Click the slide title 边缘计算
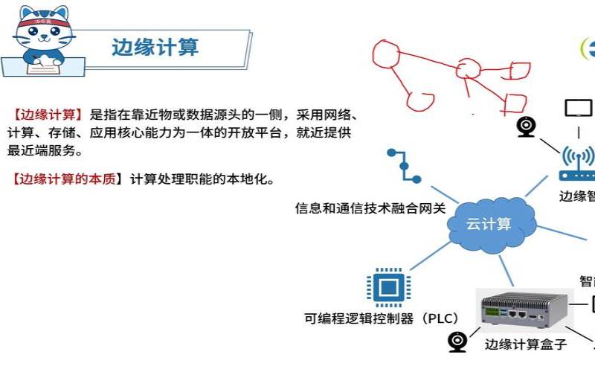tap(155, 48)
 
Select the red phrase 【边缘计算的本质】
tap(65, 179)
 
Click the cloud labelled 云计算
tap(489, 222)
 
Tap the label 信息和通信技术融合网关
tap(370, 208)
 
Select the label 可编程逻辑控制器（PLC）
tap(381, 318)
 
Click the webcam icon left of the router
tap(527, 126)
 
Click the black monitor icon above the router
tap(579, 109)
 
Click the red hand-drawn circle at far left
tap(387, 54)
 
